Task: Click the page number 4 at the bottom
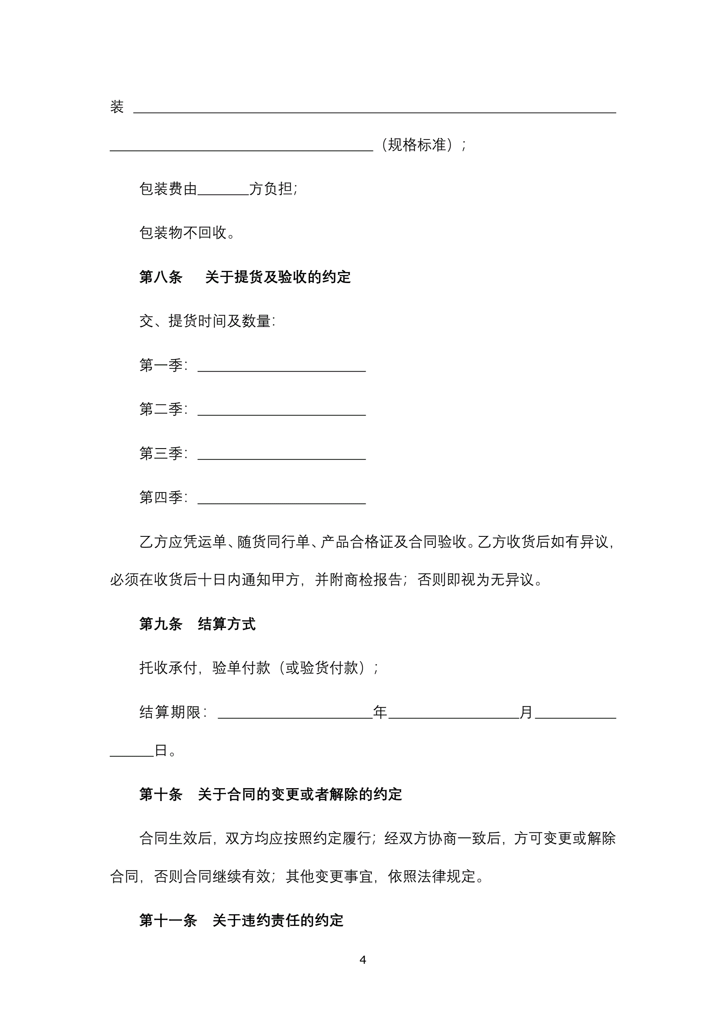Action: [x=362, y=959]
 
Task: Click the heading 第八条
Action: [x=161, y=277]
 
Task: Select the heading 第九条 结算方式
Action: [x=197, y=624]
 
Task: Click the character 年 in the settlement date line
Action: [x=380, y=712]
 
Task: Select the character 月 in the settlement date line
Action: [x=526, y=712]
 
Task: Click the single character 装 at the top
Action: [x=117, y=107]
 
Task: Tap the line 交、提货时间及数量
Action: [x=207, y=321]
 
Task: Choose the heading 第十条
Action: [x=161, y=794]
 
